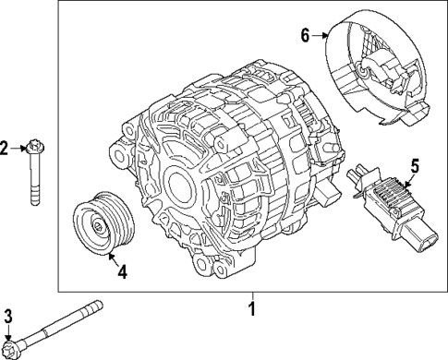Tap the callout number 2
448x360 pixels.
(x=5, y=148)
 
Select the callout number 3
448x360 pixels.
(x=8, y=318)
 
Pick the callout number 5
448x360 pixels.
(x=415, y=167)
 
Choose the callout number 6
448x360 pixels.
(x=306, y=36)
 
